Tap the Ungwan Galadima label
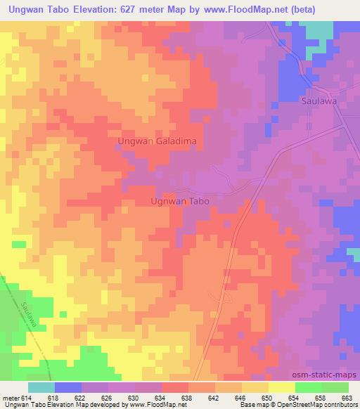point(157,142)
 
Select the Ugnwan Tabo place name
point(181,200)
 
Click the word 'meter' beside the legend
point(11,398)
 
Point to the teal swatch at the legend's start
point(41,387)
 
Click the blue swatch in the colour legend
point(68,387)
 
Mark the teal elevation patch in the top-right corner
point(320,31)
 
